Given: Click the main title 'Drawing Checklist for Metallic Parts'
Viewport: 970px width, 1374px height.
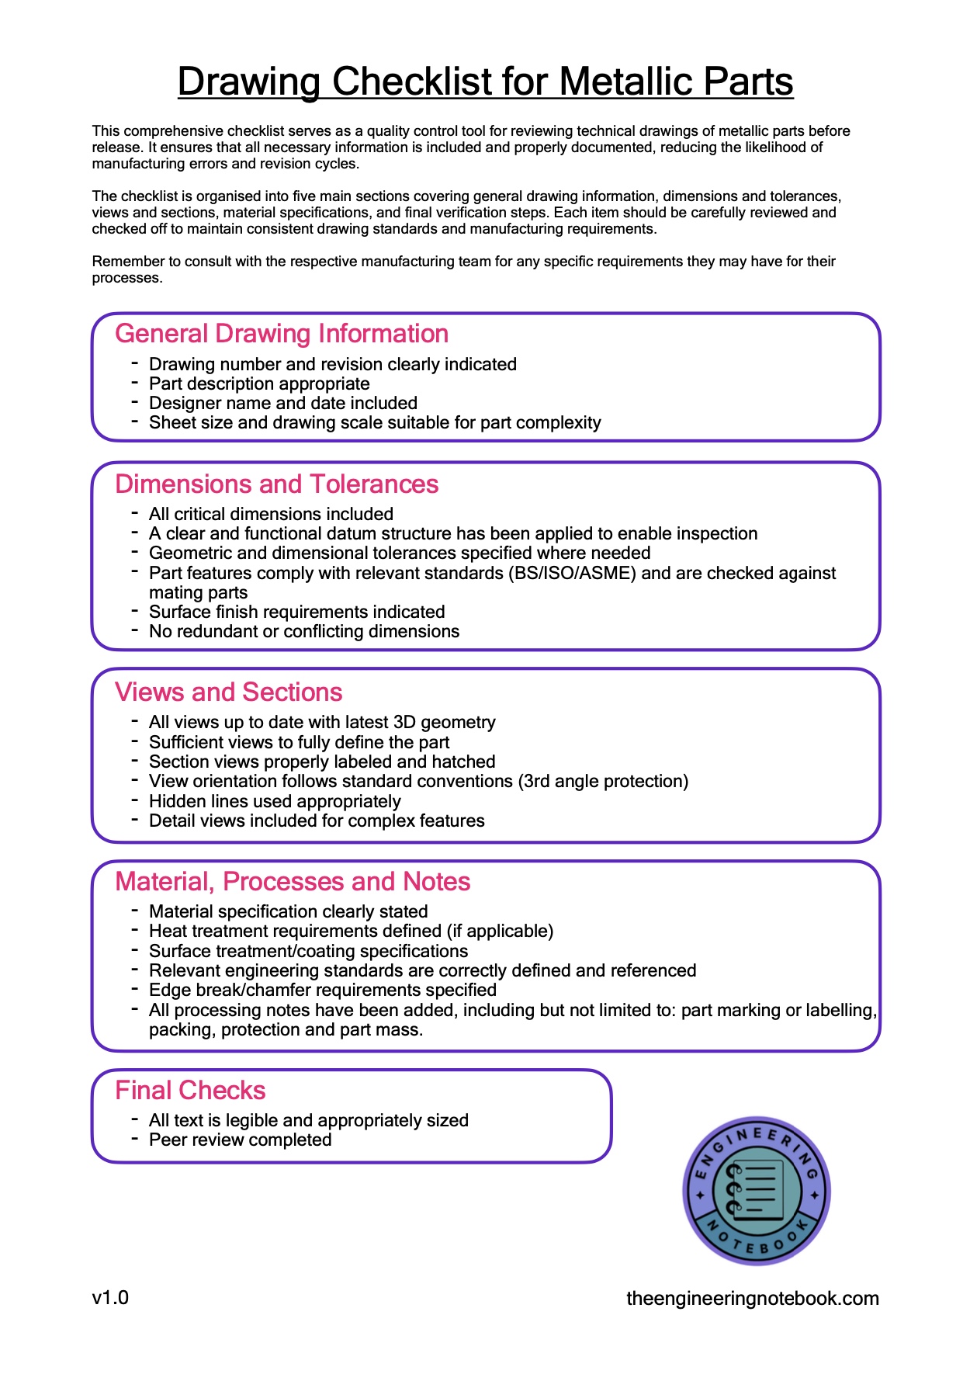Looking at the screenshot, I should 485,82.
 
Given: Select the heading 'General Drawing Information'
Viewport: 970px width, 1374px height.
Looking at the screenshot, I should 282,334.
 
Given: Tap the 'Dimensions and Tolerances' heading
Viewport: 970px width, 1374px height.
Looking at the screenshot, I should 276,484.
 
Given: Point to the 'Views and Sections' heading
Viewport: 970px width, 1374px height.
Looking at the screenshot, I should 228,692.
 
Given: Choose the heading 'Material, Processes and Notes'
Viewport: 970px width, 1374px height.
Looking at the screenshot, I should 293,882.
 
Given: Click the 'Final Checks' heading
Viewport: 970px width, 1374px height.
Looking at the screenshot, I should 190,1091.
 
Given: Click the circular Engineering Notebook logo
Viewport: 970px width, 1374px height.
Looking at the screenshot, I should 756,1191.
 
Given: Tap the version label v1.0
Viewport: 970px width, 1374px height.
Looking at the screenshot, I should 110,1298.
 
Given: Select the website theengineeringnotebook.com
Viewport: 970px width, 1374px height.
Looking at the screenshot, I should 752,1299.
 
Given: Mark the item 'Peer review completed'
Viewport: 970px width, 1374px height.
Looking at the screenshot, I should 240,1140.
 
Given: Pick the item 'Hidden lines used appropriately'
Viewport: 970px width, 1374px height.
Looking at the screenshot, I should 275,802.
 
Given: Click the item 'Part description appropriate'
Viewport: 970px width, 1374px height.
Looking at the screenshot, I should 259,384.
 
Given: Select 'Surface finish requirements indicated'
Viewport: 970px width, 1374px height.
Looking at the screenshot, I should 296,612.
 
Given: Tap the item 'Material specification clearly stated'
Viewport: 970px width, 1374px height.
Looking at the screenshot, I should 288,912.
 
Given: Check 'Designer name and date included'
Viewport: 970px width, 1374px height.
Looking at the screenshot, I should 282,404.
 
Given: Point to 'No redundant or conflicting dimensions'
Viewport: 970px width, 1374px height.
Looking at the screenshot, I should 303,632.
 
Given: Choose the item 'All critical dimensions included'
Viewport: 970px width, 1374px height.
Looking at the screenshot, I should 271,515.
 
